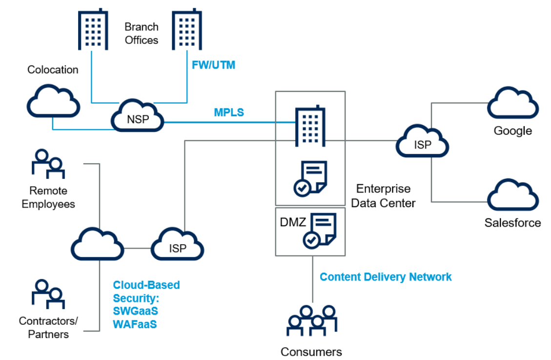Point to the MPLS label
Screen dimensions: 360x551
229,112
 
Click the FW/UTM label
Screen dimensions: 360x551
213,64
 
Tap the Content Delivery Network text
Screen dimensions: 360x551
386,277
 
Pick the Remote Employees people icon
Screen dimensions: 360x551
48,164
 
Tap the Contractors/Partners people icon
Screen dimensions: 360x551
48,295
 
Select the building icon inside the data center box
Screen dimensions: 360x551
310,125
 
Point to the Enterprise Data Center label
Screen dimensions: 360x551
383,196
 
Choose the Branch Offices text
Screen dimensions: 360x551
142,33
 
